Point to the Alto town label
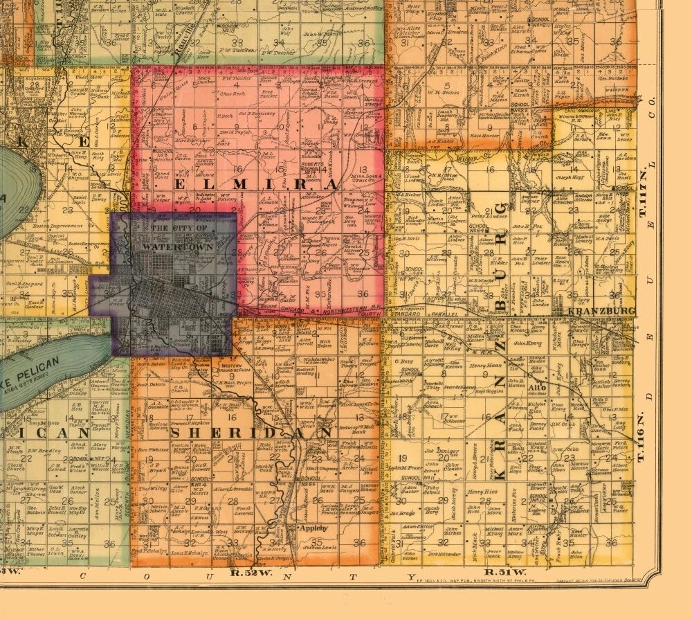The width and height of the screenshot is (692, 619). coord(541,388)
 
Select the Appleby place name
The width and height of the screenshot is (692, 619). coord(311,528)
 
